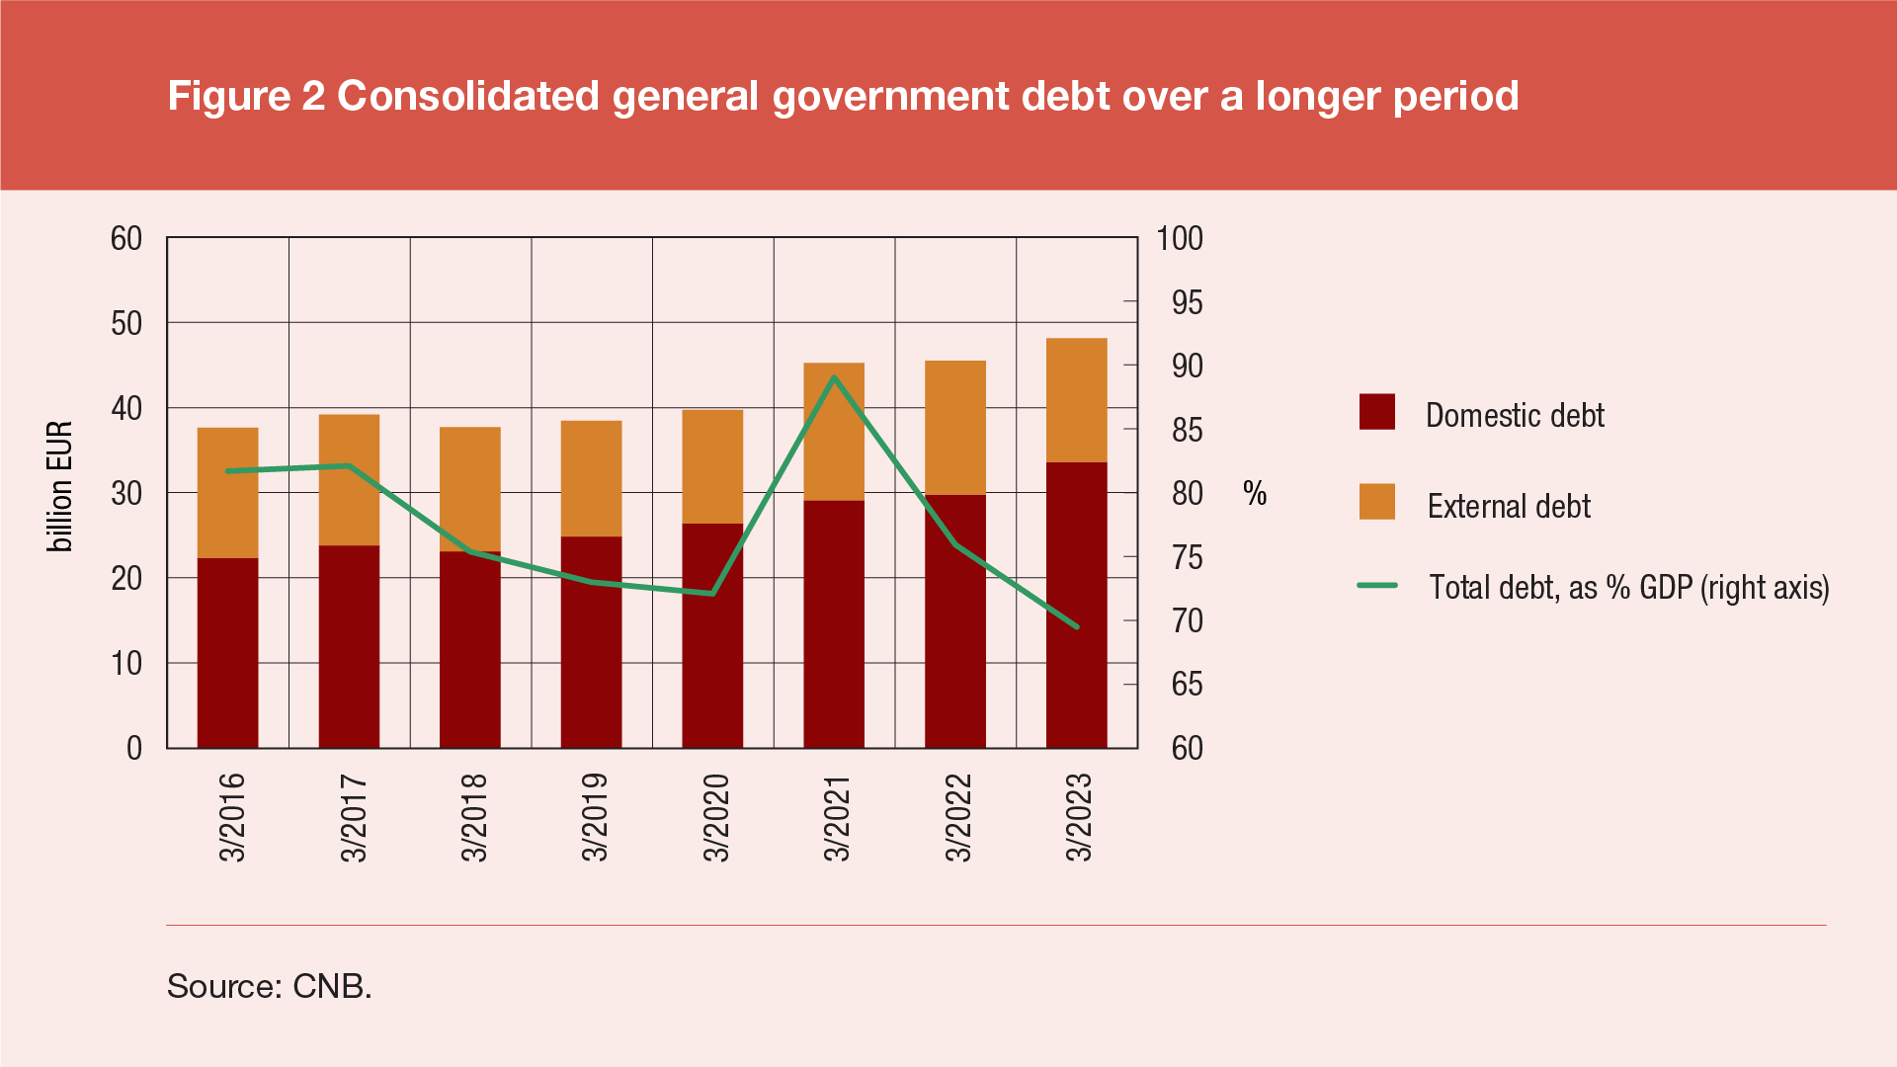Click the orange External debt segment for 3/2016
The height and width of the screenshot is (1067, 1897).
tap(227, 492)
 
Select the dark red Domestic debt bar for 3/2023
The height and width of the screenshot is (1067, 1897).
tap(1076, 605)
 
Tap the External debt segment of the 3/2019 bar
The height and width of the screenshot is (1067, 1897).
tap(591, 478)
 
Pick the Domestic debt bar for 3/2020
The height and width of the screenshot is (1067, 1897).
tap(712, 635)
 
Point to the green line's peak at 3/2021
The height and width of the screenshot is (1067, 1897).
tap(835, 377)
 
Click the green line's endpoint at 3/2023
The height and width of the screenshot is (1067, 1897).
tap(1076, 626)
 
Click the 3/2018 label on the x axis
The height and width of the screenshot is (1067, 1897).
tap(475, 817)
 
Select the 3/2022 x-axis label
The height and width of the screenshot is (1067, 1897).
tap(959, 817)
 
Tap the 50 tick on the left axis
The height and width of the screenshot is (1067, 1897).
tap(126, 323)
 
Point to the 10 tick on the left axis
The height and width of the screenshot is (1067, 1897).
tap(126, 663)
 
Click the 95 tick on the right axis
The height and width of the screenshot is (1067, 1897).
tap(1187, 302)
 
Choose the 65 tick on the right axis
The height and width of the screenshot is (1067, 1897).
tap(1187, 685)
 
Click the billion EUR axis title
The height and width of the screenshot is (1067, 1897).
tap(60, 486)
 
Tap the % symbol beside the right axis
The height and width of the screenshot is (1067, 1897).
tap(1255, 493)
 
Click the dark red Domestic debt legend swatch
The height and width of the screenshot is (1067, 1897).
tap(1377, 412)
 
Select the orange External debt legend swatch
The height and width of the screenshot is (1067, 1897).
tap(1377, 502)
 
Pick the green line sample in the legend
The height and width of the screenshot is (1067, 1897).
tap(1377, 586)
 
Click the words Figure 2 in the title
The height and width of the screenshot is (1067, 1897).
tap(246, 96)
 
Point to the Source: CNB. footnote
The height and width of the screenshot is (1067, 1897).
tap(269, 986)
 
